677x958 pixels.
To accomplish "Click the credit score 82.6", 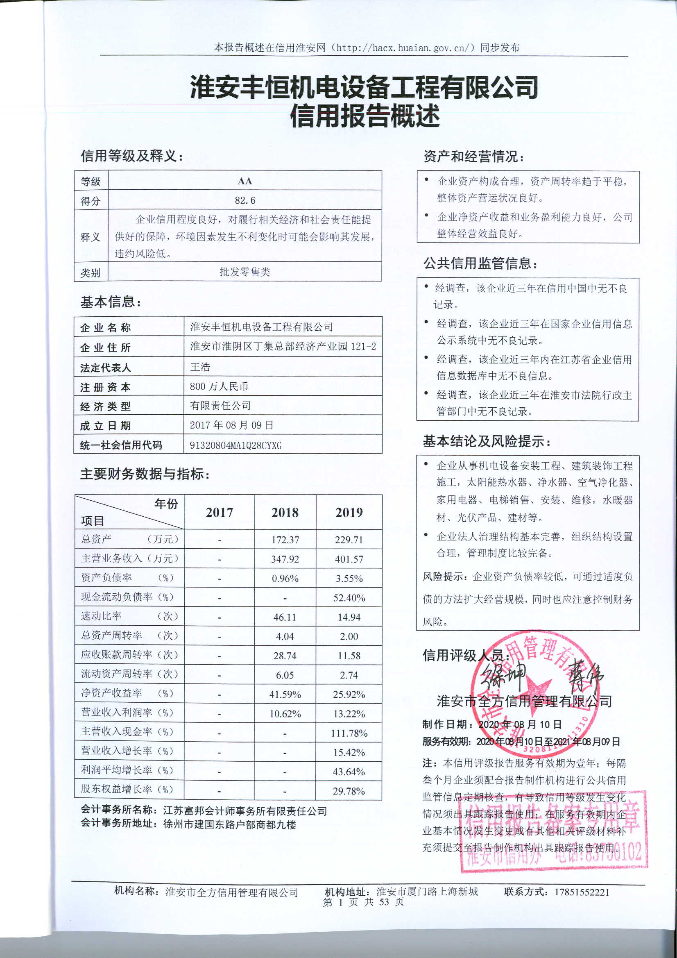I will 245,200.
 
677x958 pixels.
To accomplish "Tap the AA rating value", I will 245,181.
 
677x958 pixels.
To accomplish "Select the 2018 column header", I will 285,512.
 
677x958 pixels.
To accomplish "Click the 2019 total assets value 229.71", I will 349,540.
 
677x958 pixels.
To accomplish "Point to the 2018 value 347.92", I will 285,559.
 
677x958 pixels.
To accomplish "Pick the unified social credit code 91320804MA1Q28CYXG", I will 235,445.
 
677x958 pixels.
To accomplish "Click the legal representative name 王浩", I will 200,367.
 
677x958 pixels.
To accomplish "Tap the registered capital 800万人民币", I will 219,386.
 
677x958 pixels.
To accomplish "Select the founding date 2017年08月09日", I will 231,425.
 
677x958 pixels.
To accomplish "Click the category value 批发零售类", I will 245,272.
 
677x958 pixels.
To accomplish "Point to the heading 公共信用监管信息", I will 480,263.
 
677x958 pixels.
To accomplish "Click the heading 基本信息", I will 111,302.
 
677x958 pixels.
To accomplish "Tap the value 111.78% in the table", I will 349,733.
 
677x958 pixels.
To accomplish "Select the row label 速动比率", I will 101,616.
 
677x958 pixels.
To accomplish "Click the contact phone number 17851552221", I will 582,892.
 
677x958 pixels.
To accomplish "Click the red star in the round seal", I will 535,688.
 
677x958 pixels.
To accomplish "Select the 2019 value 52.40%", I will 349,598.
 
